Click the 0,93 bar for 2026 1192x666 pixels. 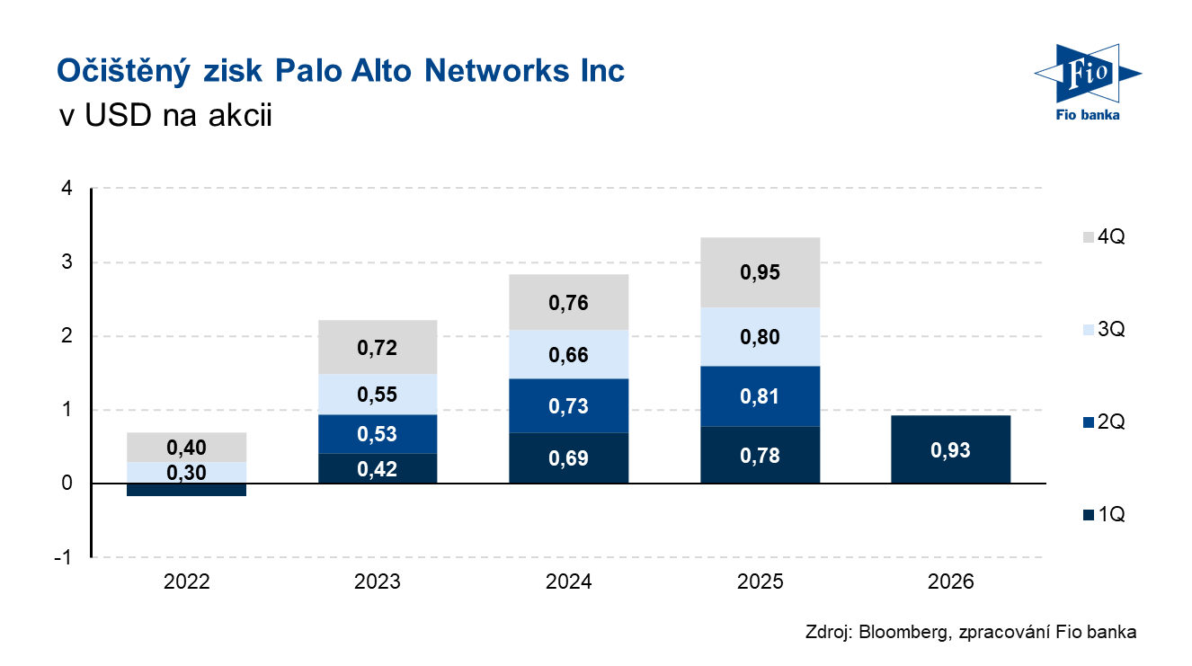point(950,449)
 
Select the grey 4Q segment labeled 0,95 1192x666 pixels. point(760,272)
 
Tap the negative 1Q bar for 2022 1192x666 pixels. point(186,490)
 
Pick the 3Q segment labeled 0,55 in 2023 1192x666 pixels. point(378,395)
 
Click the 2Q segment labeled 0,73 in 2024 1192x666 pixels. point(568,406)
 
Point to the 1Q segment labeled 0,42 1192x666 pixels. point(378,468)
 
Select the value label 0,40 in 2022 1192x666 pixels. point(186,447)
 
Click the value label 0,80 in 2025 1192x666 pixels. point(760,338)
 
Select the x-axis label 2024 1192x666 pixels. point(568,582)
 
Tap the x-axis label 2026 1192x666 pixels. point(950,582)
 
